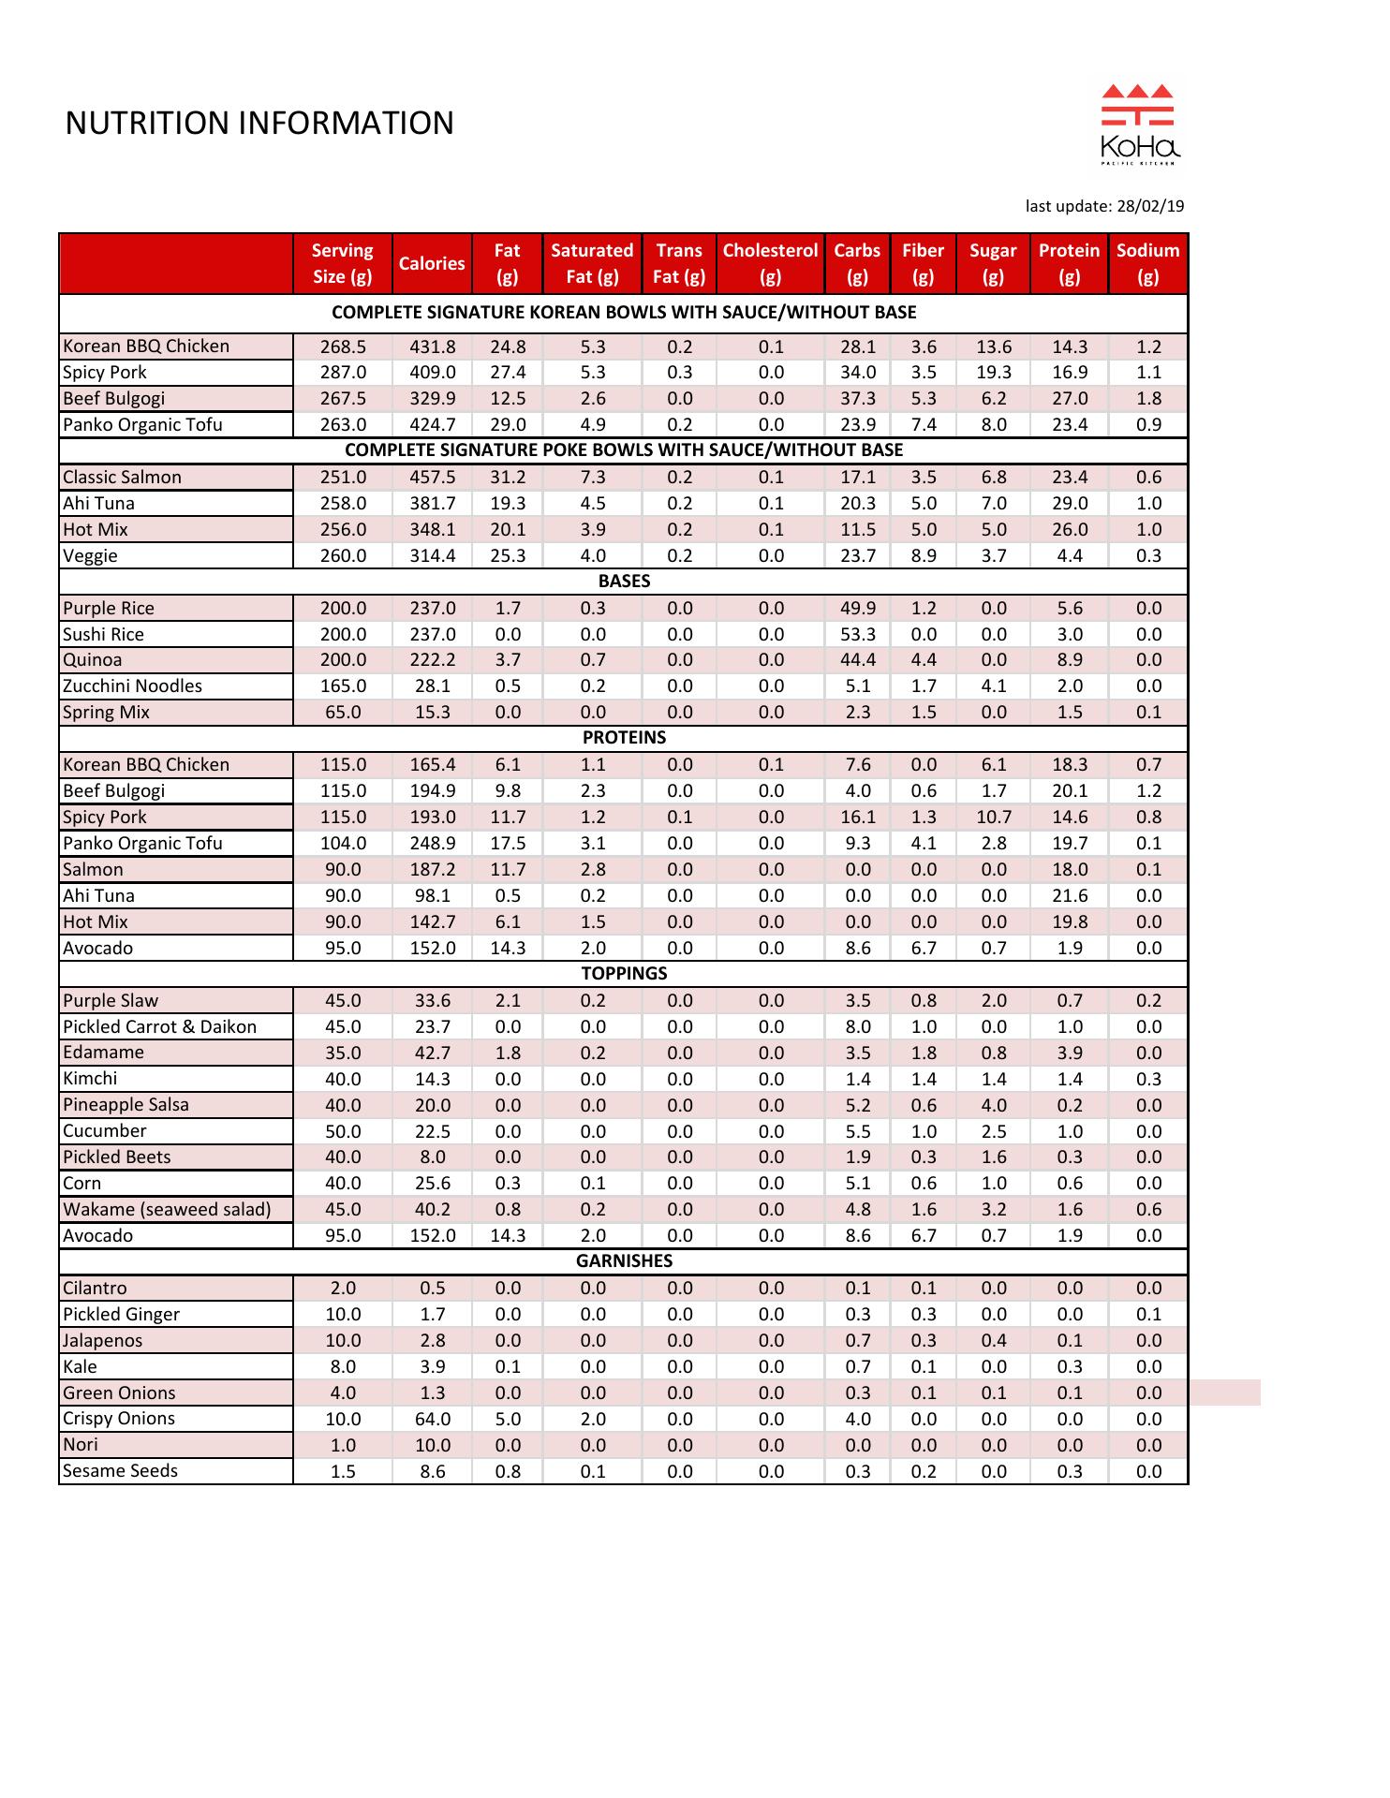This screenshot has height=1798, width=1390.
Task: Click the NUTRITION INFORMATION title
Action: tap(259, 124)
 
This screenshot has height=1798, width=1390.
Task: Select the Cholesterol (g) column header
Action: tap(770, 263)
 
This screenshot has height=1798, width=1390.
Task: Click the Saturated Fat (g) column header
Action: tap(592, 263)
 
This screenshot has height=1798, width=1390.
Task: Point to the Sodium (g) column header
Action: tap(1147, 263)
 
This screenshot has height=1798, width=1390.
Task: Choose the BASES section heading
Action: tap(624, 581)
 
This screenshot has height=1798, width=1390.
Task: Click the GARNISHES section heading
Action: tap(624, 1260)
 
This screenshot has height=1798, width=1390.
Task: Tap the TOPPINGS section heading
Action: tap(624, 973)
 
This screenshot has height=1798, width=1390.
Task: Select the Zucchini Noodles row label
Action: tap(132, 685)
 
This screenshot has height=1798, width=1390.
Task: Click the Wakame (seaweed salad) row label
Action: tap(167, 1209)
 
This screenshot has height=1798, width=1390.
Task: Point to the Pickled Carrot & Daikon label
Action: tap(159, 1026)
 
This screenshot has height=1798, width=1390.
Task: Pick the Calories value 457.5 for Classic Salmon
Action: tap(432, 477)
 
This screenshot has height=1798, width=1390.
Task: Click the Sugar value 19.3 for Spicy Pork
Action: tap(993, 372)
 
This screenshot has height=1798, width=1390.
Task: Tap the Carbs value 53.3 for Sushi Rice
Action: tap(857, 634)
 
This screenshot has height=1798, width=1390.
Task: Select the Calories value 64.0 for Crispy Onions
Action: tap(432, 1419)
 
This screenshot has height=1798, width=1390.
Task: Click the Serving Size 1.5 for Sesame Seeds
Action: tap(343, 1471)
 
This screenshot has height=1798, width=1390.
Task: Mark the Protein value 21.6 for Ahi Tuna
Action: tap(1069, 895)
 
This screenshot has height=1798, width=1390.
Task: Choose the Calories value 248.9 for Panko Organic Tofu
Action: tap(432, 843)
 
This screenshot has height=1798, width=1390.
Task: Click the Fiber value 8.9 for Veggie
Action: tap(923, 555)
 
